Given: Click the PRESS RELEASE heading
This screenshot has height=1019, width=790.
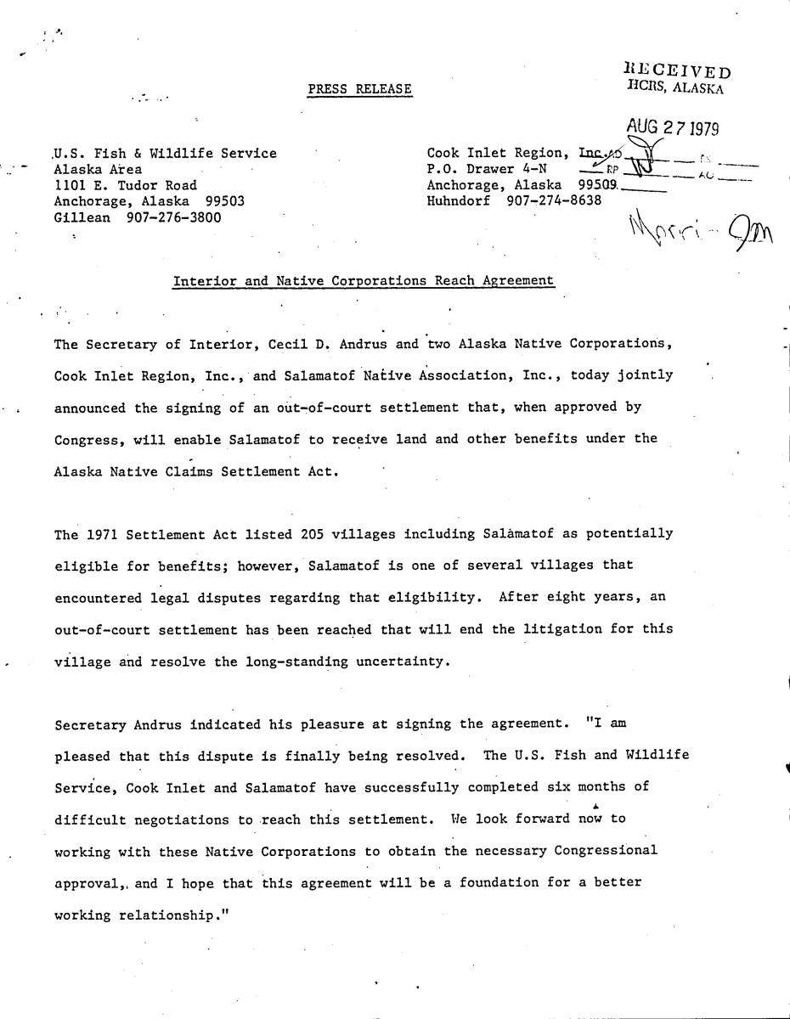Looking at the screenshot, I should [x=360, y=89].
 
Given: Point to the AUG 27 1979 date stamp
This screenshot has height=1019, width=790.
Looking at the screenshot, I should [x=673, y=128].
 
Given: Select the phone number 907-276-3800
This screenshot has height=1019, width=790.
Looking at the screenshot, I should [x=173, y=217].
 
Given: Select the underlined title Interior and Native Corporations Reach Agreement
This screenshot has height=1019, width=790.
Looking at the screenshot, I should [x=364, y=281].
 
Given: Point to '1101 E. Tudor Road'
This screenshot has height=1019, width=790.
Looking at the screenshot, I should [x=125, y=185].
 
